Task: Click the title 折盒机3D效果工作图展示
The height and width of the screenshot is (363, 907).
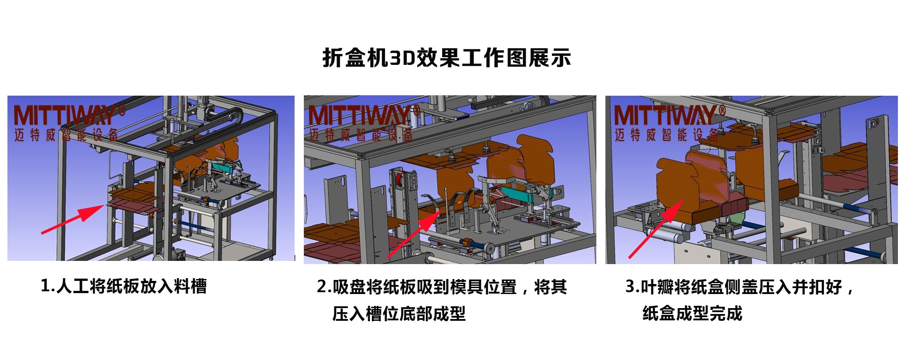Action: (x=447, y=58)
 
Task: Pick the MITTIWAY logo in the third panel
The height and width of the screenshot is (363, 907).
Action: (x=669, y=115)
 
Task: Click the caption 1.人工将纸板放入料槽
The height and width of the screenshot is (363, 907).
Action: (x=124, y=286)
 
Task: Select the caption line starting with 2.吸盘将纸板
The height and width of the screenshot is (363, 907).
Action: (x=442, y=287)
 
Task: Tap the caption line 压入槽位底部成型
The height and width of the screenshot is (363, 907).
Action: (x=399, y=314)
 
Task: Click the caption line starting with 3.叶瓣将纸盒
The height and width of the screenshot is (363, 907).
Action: (x=740, y=287)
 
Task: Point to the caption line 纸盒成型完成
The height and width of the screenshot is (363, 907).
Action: (x=692, y=314)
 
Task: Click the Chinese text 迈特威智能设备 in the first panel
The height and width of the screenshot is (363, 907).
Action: (x=66, y=135)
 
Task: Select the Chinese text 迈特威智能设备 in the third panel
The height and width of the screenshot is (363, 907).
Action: (x=667, y=135)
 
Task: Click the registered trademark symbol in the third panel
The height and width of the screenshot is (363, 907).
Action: (x=722, y=109)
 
